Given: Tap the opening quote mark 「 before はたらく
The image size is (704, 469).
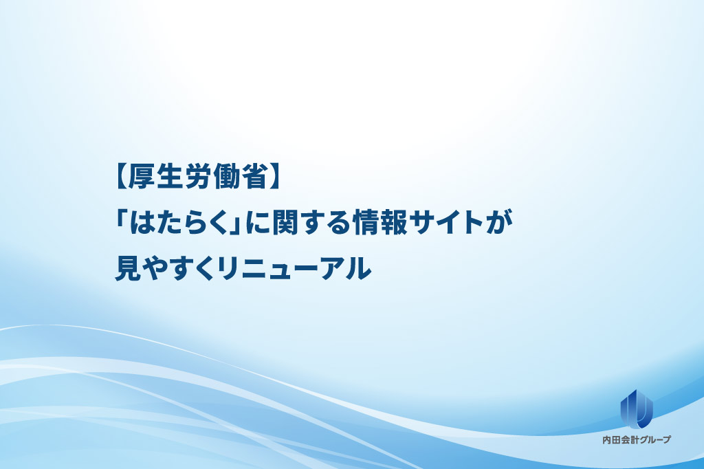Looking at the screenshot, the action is tap(122, 220).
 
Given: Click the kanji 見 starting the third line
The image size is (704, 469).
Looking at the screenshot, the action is tap(129, 268).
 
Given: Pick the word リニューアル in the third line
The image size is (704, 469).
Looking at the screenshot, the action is tap(294, 268).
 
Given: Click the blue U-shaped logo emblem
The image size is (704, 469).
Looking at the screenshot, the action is tap(636, 408).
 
